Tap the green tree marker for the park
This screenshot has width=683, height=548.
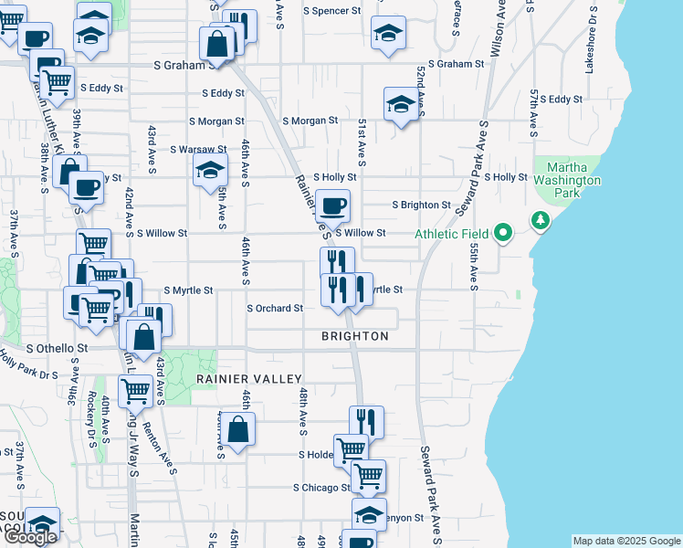[x=541, y=221]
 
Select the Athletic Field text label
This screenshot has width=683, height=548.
[x=452, y=234]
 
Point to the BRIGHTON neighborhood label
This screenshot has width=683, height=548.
[x=355, y=336]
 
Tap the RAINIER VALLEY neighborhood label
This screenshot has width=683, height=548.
[x=248, y=378]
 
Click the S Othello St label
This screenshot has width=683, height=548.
[x=57, y=348]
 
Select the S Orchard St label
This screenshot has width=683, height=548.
[x=275, y=309]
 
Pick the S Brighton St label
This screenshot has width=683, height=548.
[x=422, y=205]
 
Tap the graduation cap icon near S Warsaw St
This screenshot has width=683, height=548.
[x=209, y=169]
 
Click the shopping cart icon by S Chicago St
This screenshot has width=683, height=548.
[x=368, y=475]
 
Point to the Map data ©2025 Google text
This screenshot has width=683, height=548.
[x=626, y=541]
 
